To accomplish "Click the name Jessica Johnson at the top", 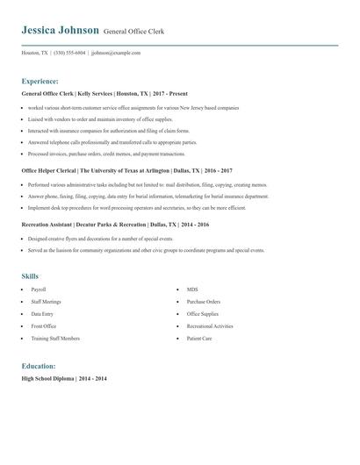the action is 60,30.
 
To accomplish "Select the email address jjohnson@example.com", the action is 116,53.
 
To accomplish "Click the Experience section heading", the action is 40,80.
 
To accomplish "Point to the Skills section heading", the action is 30,276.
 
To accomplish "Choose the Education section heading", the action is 39,365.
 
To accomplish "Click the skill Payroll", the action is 38,289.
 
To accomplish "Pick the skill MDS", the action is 192,289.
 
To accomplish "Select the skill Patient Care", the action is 198,338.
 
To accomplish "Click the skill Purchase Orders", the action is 203,301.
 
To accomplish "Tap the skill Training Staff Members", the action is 54,338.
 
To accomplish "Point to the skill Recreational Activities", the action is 210,325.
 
